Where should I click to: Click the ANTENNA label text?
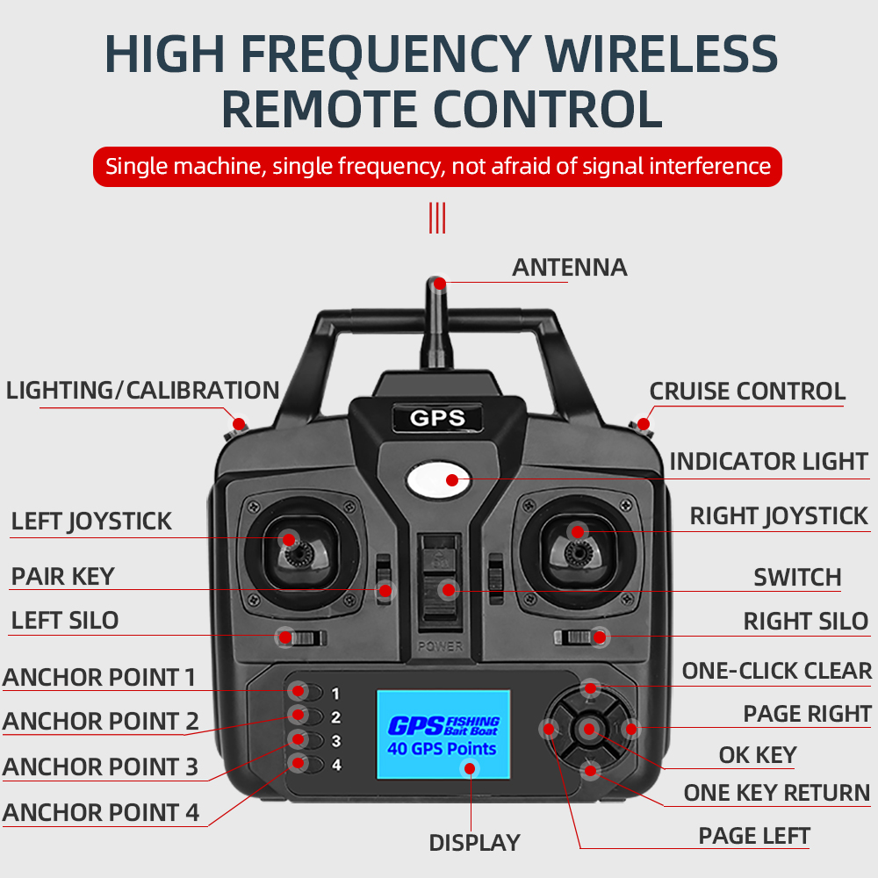pos(569,267)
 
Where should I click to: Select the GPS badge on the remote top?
pos(437,418)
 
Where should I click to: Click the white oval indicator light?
pos(439,479)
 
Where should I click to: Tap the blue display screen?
pos(443,734)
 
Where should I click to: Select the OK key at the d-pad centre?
pos(589,729)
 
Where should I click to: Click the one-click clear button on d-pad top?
pos(590,688)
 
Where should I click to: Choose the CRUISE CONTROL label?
pos(747,392)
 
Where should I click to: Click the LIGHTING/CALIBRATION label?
pos(142,391)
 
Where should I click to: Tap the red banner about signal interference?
pos(437,166)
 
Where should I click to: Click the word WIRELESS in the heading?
pos(661,54)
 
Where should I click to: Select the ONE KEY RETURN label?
pos(776,793)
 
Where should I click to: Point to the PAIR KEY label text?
pos(62,577)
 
